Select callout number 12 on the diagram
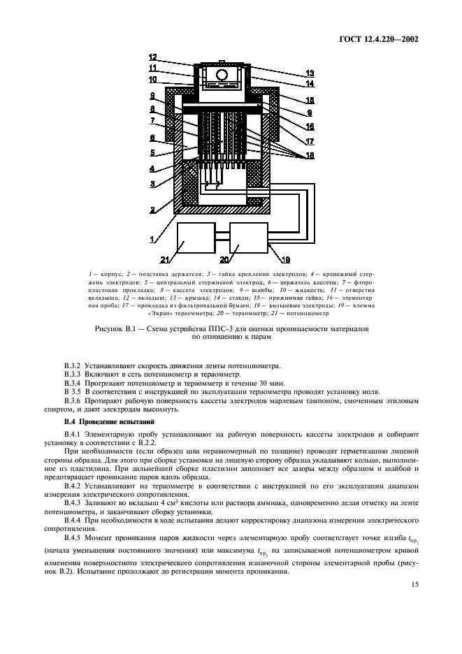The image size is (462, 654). click(x=153, y=58)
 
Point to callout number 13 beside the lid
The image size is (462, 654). click(x=308, y=73)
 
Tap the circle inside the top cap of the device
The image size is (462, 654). click(x=222, y=75)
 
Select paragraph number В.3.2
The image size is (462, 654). click(x=73, y=365)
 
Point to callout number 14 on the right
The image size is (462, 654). click(x=309, y=85)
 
